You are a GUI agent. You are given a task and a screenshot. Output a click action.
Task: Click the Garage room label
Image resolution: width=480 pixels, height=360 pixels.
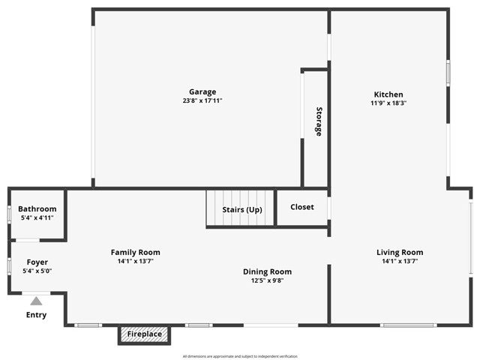[x=202, y=91]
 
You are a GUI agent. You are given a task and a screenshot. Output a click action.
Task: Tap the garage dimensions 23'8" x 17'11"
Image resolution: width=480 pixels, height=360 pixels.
[x=202, y=100]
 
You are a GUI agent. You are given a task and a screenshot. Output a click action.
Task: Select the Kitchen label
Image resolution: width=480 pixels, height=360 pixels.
[x=388, y=94]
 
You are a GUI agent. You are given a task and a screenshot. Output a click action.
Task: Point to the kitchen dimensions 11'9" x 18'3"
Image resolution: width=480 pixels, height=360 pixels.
[x=388, y=104]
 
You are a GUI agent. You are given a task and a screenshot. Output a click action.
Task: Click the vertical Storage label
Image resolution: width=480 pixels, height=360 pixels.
[x=319, y=121]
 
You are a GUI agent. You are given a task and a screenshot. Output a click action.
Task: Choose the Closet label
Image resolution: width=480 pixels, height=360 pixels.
[x=301, y=207]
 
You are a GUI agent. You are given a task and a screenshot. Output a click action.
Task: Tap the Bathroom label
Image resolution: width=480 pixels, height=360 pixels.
[x=37, y=208]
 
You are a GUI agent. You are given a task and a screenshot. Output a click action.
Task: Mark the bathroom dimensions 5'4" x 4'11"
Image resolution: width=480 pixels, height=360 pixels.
[x=37, y=217]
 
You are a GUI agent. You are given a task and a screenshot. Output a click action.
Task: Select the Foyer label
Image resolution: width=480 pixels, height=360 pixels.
[x=37, y=262]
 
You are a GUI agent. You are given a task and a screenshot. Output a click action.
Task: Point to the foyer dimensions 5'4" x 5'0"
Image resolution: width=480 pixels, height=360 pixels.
[x=37, y=271]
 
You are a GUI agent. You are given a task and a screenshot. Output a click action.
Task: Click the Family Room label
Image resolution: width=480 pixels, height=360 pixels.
[x=136, y=252]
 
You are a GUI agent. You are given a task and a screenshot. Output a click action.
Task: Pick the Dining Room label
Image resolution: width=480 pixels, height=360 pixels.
[x=267, y=271]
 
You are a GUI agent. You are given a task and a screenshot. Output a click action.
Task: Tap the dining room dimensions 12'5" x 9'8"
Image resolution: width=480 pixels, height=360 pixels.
[x=267, y=280]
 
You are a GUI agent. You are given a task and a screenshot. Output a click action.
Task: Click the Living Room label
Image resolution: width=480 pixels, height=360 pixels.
[x=400, y=252]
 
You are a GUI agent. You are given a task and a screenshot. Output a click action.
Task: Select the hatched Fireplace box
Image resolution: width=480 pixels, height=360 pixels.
[x=144, y=334]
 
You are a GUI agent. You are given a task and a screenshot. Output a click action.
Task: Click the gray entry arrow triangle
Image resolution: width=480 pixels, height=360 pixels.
[x=36, y=301]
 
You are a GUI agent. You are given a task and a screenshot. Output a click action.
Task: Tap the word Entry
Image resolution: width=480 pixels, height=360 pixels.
[x=36, y=315]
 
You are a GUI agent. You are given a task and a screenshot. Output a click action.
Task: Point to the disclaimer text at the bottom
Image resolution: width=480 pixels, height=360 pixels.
[x=240, y=355]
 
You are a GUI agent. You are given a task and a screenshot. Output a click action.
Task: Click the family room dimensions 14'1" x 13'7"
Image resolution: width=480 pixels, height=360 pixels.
[x=136, y=262]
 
